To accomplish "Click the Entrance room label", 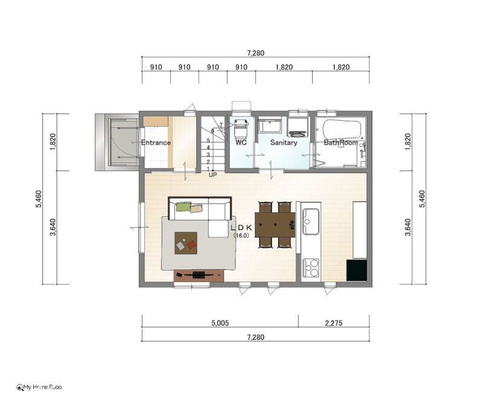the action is (x=156, y=143).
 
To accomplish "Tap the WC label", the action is (x=241, y=143).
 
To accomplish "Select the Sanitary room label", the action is (x=284, y=143).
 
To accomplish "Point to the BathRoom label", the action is (x=341, y=143).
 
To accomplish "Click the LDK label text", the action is (x=241, y=228).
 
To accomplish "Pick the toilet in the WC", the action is (x=241, y=128).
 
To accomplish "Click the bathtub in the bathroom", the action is (x=342, y=129).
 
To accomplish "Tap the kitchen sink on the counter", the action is (x=310, y=221).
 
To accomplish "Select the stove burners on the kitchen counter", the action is (x=311, y=268).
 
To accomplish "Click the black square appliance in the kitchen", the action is (x=357, y=270).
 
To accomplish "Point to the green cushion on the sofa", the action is (x=184, y=207).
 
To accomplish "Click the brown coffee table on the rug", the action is (x=186, y=243).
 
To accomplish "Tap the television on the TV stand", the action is (x=199, y=274).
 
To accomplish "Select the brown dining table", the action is (x=275, y=225).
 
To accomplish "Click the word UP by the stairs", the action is (x=213, y=175).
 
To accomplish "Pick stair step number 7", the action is (x=221, y=125).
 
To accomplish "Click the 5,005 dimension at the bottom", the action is (x=220, y=323).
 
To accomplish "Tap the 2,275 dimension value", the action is (x=334, y=323).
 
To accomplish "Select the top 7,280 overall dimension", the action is (x=255, y=53).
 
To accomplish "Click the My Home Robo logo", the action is (x=39, y=387).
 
